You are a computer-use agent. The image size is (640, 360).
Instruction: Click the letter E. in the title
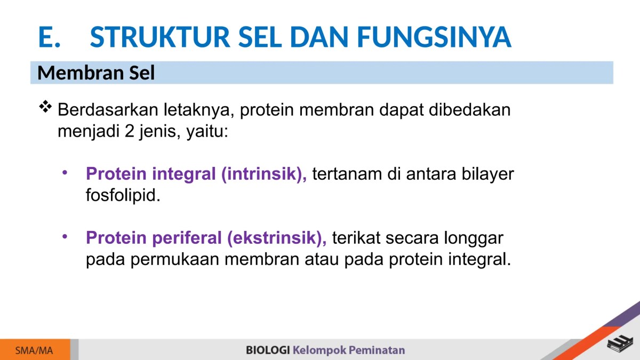pos(49,37)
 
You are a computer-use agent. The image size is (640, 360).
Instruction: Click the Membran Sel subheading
pos(96,73)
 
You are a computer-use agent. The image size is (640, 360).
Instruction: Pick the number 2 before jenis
pos(130,131)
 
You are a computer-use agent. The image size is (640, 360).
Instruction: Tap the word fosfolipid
pos(123,195)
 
